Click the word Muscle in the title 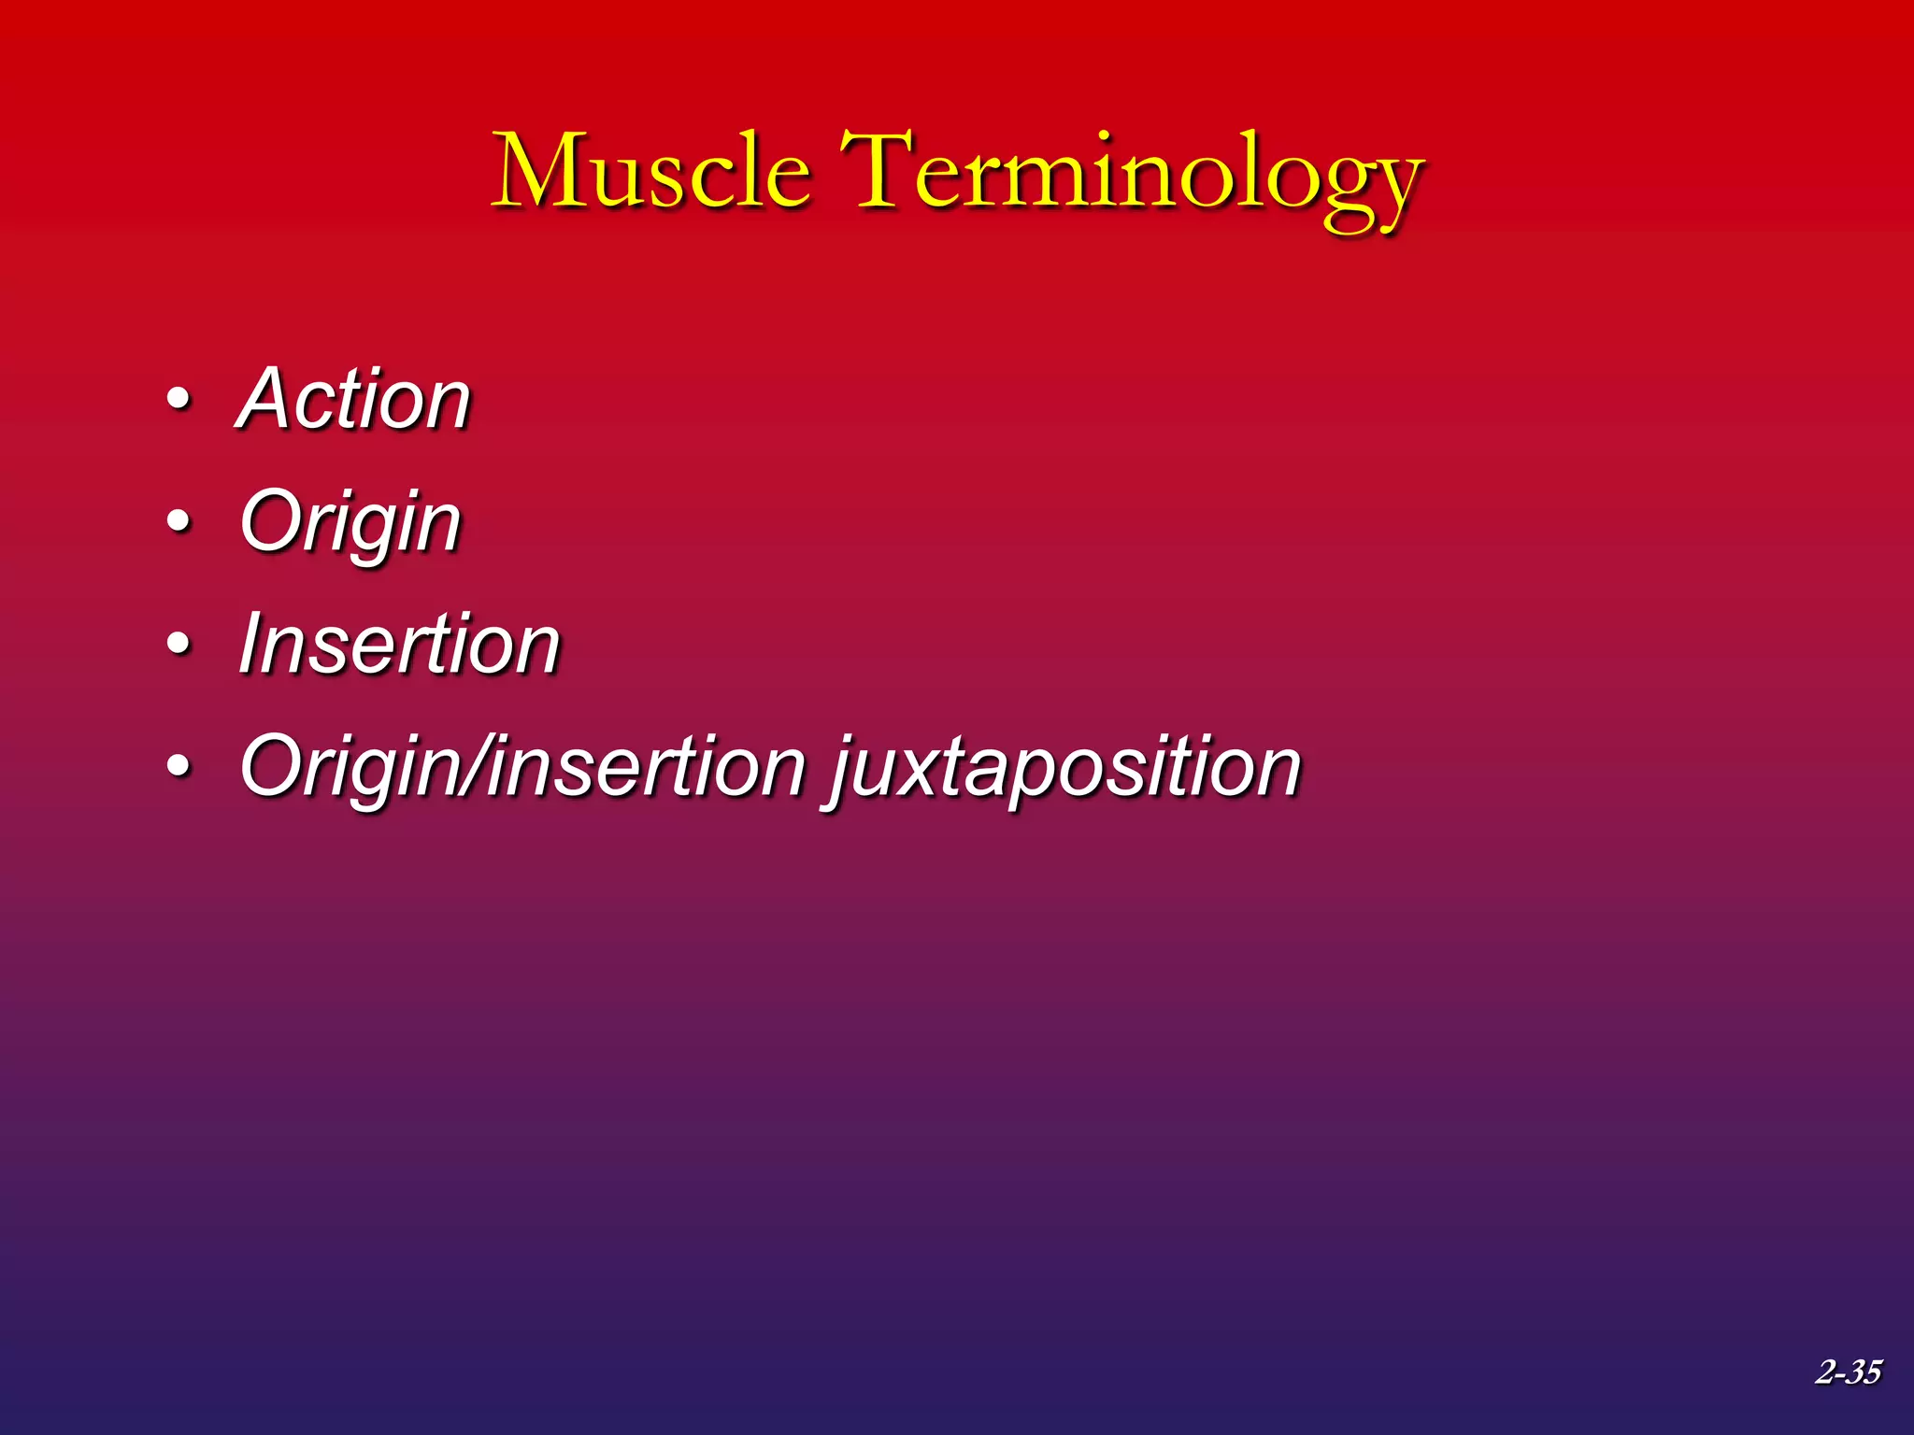tap(651, 173)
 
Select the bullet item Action tap(354, 399)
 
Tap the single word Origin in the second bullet tap(350, 523)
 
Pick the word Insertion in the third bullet tap(399, 645)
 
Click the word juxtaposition tap(1065, 768)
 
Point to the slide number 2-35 tap(1848, 1371)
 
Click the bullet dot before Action tap(179, 400)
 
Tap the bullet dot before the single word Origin tap(179, 522)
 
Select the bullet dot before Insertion tap(179, 645)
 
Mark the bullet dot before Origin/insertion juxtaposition tap(179, 767)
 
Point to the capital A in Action tap(268, 399)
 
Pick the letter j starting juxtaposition tap(844, 771)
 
